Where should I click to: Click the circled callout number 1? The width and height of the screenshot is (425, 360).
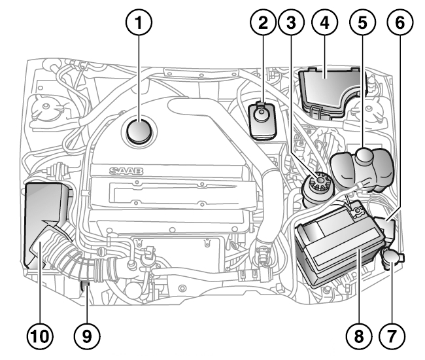139,22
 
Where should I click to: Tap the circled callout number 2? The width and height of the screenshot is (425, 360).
263,22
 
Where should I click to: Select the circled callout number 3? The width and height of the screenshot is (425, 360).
292,22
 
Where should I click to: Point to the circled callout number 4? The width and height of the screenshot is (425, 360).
325,22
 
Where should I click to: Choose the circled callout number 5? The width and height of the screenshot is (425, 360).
363,22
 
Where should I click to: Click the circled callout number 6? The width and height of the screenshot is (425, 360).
400,22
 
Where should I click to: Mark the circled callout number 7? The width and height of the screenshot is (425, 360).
392,336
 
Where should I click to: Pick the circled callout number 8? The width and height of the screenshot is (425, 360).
359,336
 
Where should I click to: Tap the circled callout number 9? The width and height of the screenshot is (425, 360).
87,336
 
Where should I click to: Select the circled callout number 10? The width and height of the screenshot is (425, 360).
40,336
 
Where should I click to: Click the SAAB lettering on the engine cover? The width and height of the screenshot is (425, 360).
126,171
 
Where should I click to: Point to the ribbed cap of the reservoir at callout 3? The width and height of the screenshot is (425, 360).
320,181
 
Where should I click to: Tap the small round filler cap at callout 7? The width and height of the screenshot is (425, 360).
392,257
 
